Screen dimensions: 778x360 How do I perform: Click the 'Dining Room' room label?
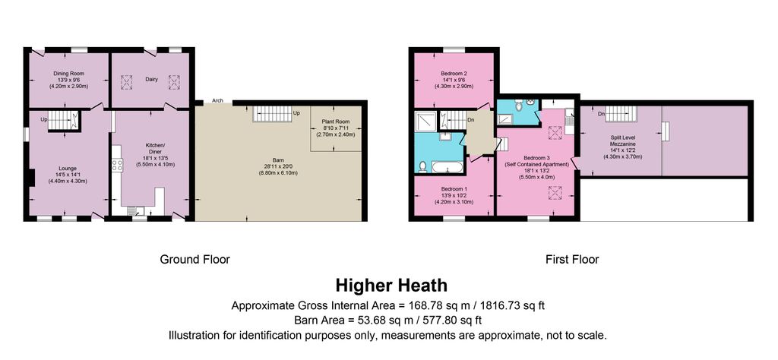(68, 74)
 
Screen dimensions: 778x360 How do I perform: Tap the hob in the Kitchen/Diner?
(118, 165)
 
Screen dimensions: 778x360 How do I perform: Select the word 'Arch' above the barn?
(217, 101)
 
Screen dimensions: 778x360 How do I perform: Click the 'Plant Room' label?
(336, 122)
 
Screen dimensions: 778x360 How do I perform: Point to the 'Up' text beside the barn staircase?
(297, 113)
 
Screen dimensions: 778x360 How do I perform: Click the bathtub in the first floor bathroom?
(448, 167)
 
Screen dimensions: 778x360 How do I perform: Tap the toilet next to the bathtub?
(422, 166)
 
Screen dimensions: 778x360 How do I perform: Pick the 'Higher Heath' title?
(391, 286)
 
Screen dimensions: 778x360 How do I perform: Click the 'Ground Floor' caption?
(194, 259)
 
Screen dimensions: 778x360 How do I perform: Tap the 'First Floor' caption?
(572, 259)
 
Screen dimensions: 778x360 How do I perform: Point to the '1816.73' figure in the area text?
(508, 305)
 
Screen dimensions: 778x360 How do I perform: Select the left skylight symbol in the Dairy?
(127, 82)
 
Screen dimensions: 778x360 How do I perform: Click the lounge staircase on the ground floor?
(64, 121)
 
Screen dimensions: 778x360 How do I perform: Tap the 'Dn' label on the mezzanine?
(601, 114)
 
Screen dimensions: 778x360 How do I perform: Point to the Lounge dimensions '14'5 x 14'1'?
(68, 175)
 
